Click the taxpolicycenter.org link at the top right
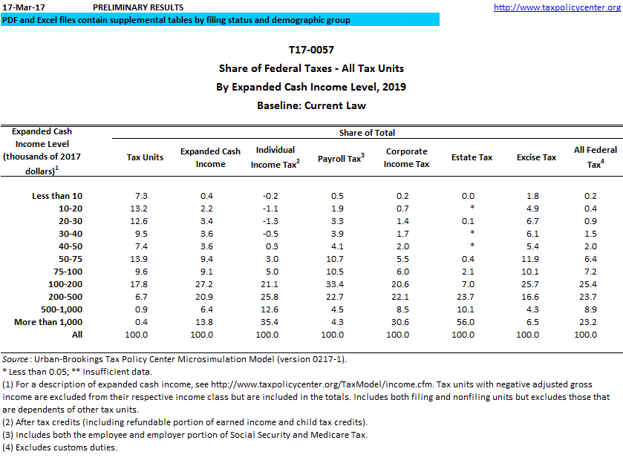pyautogui.click(x=557, y=7)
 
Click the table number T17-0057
pyautogui.click(x=311, y=50)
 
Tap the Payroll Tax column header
pyautogui.click(x=340, y=158)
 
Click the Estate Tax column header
pyautogui.click(x=472, y=157)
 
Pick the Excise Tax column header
pyautogui.click(x=536, y=157)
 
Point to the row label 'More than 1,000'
pyautogui.click(x=48, y=322)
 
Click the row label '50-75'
pyautogui.click(x=70, y=259)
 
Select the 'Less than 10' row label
pyautogui.click(x=57, y=196)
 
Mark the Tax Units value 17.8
pyautogui.click(x=145, y=284)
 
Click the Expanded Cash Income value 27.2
pyautogui.click(x=210, y=284)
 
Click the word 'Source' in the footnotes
pyautogui.click(x=16, y=359)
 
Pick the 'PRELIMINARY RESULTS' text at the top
pyautogui.click(x=137, y=7)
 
